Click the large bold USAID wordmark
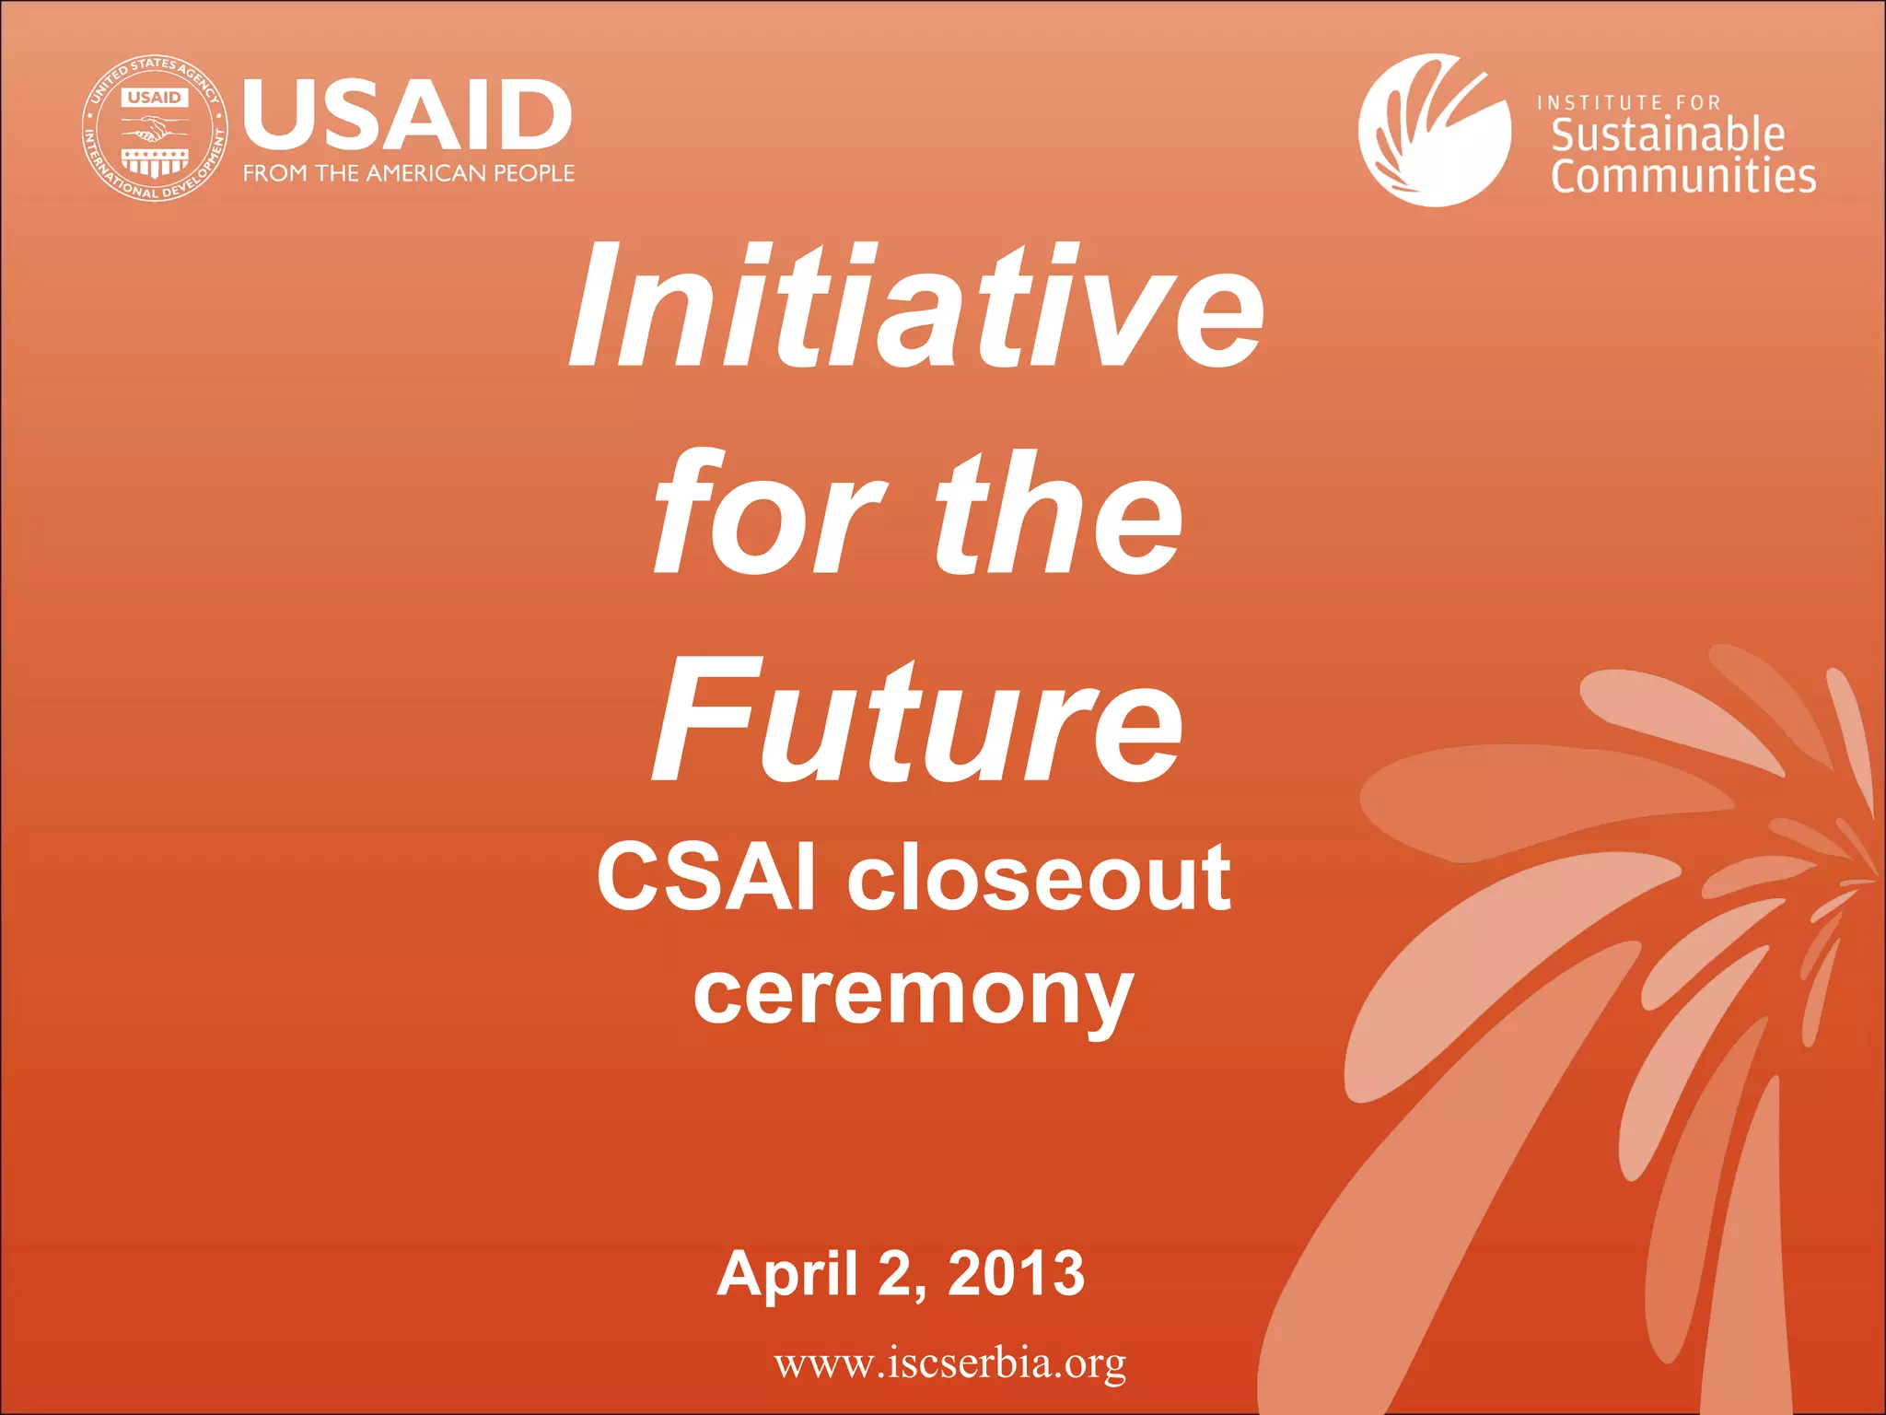[407, 115]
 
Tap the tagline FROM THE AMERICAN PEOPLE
[408, 173]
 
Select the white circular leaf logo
[1434, 130]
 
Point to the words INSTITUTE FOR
[1628, 102]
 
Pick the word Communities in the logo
[1683, 176]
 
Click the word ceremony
[913, 996]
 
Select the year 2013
[1016, 1273]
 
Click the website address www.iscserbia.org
[949, 1362]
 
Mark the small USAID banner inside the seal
[155, 97]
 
